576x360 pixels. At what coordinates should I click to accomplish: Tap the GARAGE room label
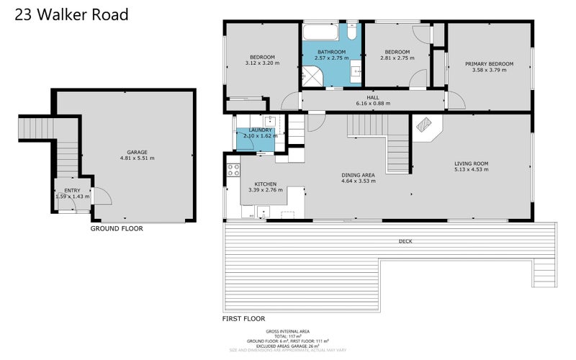click(137, 152)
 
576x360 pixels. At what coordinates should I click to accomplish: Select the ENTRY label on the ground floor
click(73, 190)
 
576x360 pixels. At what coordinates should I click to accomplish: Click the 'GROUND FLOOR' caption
click(116, 229)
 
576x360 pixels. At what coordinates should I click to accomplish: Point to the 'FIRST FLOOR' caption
click(244, 318)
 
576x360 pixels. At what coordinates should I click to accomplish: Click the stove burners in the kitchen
click(233, 171)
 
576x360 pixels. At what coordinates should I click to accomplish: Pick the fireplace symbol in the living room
click(426, 127)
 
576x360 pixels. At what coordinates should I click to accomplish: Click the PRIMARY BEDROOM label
click(489, 64)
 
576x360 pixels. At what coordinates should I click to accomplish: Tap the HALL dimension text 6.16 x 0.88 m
click(372, 103)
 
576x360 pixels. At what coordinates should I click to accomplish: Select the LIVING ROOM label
click(471, 164)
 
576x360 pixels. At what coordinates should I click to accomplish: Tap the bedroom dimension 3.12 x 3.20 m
click(263, 63)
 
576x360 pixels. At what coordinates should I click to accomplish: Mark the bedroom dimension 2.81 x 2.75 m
click(397, 58)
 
